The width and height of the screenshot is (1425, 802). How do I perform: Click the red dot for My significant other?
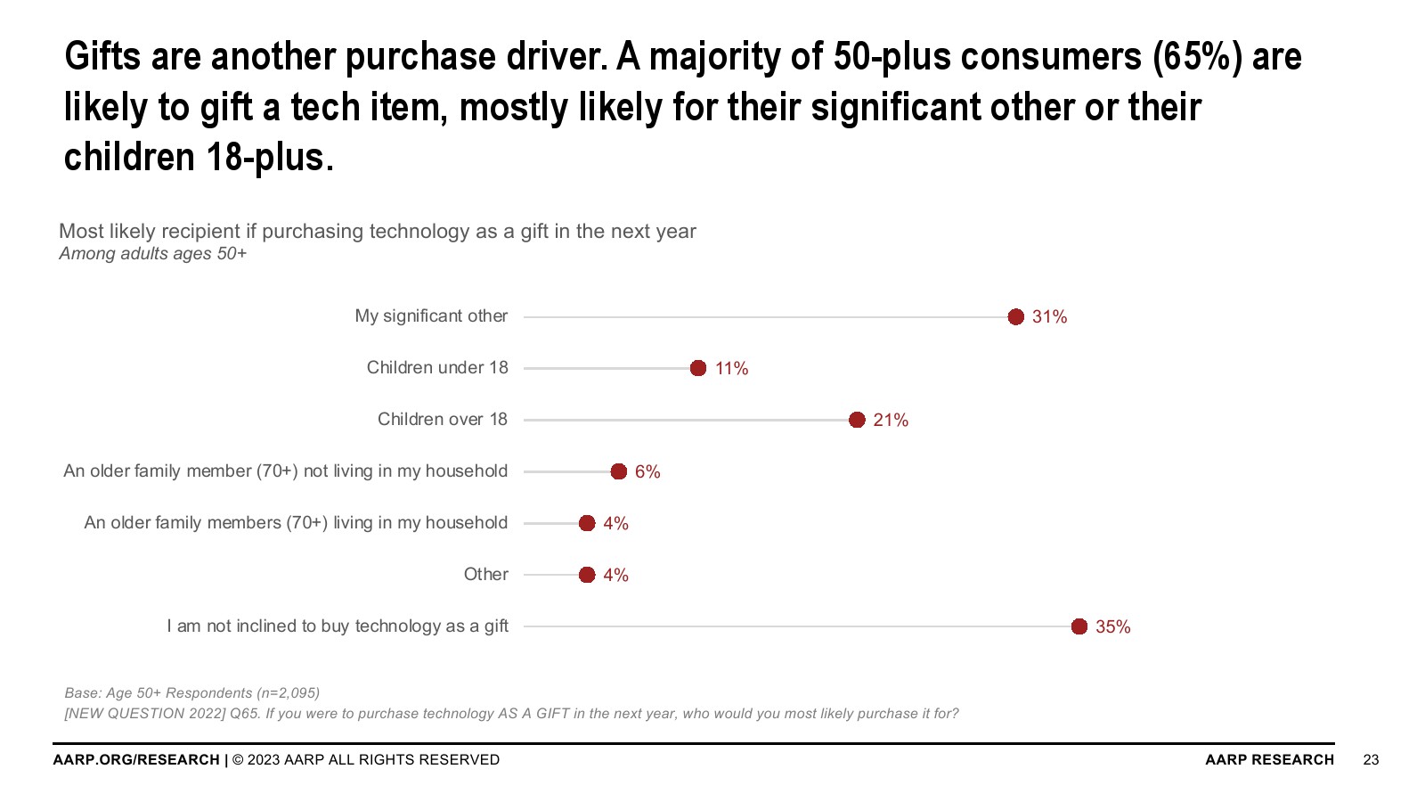[1015, 317]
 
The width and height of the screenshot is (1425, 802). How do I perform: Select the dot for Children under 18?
[698, 368]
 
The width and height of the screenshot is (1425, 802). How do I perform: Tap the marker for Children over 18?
[857, 420]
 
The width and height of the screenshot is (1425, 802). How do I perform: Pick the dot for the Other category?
[587, 575]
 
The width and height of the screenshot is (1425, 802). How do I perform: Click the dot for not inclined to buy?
[1079, 626]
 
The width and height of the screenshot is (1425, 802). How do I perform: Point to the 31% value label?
[1049, 317]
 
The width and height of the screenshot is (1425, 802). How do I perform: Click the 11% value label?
[731, 369]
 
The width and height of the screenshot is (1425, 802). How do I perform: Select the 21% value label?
[891, 421]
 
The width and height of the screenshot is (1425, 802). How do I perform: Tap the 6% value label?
[647, 472]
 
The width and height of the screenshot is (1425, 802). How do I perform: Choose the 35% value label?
[1112, 627]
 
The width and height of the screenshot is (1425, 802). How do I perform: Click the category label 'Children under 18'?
[437, 368]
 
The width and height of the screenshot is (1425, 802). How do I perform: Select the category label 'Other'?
[485, 575]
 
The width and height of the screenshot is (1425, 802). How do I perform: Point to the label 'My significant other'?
[431, 316]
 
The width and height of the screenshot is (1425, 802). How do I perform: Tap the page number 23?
[1371, 760]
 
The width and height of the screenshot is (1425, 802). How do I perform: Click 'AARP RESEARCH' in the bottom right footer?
[1269, 760]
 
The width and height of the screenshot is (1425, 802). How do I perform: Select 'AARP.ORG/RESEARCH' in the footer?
[136, 760]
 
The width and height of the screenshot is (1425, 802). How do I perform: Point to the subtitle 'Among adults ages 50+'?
[152, 254]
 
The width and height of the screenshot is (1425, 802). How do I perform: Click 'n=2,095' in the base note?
[288, 693]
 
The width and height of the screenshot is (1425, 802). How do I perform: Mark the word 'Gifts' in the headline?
[102, 57]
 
